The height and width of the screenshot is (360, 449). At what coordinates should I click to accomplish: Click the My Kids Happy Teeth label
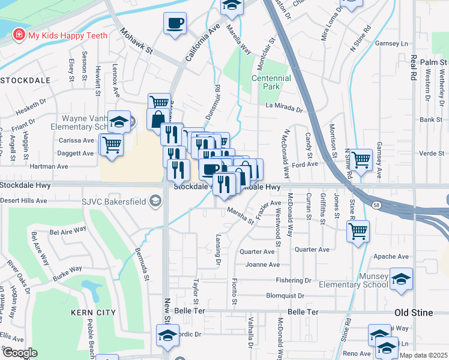68,35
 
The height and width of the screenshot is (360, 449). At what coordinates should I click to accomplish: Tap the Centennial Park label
271,82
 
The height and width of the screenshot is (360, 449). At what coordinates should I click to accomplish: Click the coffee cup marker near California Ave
175,24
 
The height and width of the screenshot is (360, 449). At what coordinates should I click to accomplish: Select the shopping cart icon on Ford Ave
360,160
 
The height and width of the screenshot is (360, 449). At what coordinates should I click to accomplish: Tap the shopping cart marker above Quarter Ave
358,230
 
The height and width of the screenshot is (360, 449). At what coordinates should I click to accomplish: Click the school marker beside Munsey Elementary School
401,279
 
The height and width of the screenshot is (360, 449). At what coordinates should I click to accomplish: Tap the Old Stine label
418,313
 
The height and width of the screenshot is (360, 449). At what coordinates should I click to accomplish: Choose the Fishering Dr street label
294,280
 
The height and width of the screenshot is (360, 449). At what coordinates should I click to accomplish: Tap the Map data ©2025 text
422,355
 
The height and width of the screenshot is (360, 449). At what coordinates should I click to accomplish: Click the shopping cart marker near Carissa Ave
112,145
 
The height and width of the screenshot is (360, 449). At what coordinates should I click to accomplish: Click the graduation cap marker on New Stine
168,335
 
